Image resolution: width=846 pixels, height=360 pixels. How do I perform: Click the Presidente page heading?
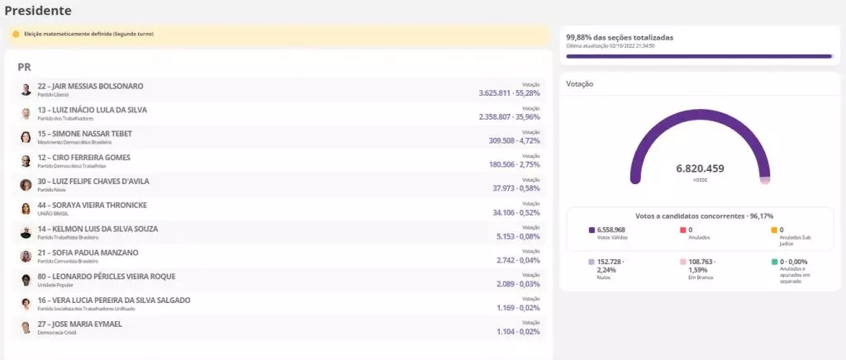(x=38, y=11)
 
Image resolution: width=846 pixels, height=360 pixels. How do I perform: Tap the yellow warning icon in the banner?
(x=16, y=34)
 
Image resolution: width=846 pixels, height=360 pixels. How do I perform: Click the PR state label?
(x=24, y=66)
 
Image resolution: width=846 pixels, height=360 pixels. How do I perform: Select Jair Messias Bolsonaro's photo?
(x=26, y=89)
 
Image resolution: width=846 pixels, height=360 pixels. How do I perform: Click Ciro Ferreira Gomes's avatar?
(x=26, y=161)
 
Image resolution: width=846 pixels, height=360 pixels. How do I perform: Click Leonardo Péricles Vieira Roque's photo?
(x=26, y=280)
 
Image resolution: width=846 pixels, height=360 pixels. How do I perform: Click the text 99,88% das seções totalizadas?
(x=620, y=38)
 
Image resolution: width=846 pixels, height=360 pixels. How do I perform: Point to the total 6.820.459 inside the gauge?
(x=700, y=168)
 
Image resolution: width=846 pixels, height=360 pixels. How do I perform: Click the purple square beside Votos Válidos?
(x=592, y=230)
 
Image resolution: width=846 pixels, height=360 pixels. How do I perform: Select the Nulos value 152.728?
(x=611, y=262)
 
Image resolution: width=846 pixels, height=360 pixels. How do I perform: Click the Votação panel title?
(x=580, y=84)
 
